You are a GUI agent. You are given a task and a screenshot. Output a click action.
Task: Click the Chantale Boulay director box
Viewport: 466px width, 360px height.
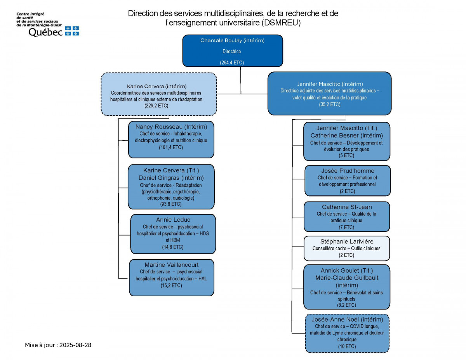(232, 50)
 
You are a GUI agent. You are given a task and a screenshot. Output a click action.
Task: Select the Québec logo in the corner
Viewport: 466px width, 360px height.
(47, 25)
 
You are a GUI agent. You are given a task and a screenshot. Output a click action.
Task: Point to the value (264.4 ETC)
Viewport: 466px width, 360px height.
(232, 63)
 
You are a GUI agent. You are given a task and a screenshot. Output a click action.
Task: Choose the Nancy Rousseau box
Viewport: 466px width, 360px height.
(171, 140)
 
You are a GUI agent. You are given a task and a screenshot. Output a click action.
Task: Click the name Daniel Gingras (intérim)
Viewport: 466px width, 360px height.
(171, 177)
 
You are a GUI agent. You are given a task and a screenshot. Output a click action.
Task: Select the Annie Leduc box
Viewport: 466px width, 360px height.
(173, 234)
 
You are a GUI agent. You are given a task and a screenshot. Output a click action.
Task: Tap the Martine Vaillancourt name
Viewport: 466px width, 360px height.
(171, 265)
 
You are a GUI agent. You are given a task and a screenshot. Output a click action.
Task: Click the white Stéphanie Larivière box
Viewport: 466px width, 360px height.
(346, 248)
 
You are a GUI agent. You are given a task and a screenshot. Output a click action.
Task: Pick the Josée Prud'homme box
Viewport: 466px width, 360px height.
(348, 181)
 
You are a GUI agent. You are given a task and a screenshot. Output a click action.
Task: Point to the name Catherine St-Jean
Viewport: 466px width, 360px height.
(347, 207)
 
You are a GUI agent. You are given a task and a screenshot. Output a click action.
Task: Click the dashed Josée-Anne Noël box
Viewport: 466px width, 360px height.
(347, 333)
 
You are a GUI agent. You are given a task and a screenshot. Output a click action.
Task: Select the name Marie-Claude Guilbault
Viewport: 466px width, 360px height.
(347, 278)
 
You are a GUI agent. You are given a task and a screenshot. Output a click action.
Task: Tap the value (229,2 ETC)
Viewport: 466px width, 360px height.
(158, 105)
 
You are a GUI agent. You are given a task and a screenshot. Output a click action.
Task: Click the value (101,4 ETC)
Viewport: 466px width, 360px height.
(171, 147)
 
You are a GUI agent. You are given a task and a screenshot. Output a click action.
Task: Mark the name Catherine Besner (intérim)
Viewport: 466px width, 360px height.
(346, 136)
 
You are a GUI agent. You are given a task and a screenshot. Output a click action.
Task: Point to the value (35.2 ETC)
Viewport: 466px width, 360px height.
(329, 104)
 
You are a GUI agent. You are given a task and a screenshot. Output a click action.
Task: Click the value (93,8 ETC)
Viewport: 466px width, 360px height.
(171, 204)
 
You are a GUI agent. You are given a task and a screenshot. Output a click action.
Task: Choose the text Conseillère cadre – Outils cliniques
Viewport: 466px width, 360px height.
(346, 249)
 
